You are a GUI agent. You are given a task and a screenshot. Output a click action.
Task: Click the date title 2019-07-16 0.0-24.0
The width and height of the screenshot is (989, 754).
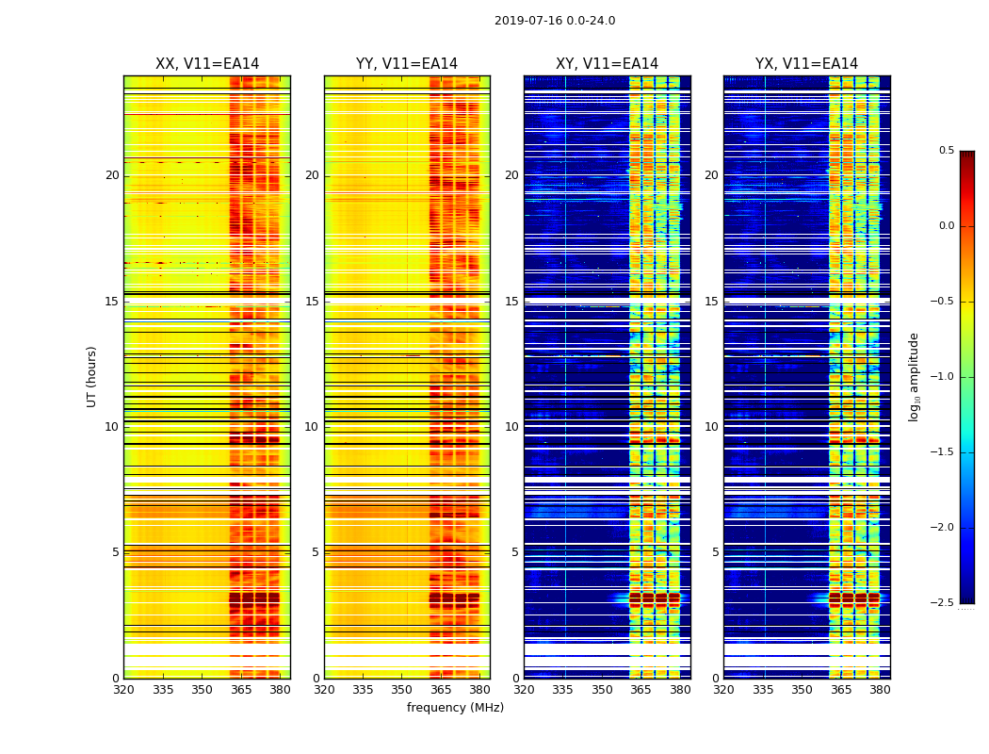coord(555,21)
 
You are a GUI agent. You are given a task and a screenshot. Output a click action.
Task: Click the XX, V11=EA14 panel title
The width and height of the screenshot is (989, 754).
coord(207,64)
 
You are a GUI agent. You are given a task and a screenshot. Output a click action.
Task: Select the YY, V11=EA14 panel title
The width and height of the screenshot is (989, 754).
coord(407,64)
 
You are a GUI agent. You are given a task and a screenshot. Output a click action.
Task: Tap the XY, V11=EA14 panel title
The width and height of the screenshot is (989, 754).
coord(607,64)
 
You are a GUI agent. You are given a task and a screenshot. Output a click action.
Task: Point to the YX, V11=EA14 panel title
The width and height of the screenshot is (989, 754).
coord(806,64)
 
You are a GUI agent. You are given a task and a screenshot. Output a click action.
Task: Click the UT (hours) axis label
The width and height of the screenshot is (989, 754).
coord(92,376)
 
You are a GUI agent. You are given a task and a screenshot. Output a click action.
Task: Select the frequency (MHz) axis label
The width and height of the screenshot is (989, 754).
coord(455,708)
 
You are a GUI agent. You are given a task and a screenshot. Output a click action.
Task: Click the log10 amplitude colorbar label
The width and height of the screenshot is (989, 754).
coord(914,376)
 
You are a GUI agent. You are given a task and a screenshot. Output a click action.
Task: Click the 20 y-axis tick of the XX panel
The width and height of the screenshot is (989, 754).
coord(112,175)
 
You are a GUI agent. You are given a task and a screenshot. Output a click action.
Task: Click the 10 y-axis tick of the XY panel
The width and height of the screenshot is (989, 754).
coord(511,427)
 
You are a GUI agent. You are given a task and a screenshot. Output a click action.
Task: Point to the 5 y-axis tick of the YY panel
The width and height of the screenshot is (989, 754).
coord(315,552)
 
